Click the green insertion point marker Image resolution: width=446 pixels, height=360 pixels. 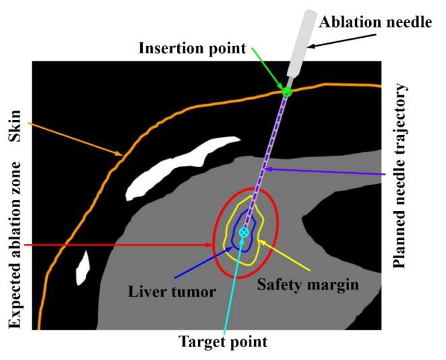pyautogui.click(x=286, y=91)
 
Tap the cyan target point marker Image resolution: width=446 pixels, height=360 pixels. pyautogui.click(x=244, y=232)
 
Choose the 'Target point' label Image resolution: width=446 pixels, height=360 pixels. pyautogui.click(x=222, y=342)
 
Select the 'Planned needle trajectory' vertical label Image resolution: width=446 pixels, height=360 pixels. pyautogui.click(x=402, y=176)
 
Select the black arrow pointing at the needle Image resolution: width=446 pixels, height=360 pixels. pyautogui.click(x=333, y=39)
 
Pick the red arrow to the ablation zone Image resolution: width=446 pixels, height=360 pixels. pyautogui.click(x=121, y=244)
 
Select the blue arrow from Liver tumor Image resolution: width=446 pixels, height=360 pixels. pyautogui.click(x=202, y=263)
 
